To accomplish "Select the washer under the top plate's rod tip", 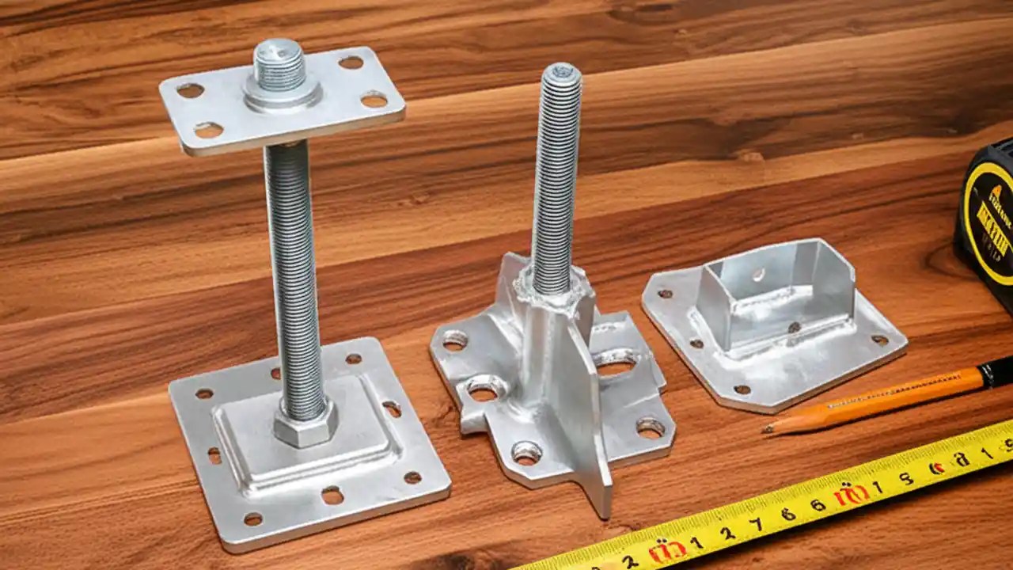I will [282, 94].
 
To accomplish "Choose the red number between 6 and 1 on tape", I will [850, 496].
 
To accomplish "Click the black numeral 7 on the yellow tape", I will [756, 523].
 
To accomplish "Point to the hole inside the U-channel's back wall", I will [758, 274].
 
